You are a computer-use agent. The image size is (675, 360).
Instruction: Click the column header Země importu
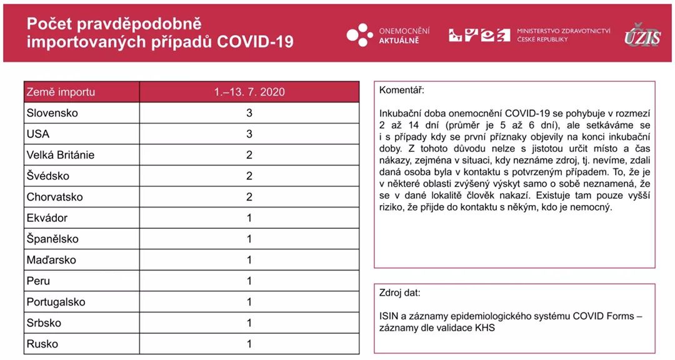pyautogui.click(x=61, y=92)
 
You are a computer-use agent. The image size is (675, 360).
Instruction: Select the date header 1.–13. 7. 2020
pyautogui.click(x=249, y=92)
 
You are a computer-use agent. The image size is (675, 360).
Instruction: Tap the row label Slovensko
pyautogui.click(x=52, y=113)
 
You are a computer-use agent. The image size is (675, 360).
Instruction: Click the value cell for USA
pyautogui.click(x=249, y=134)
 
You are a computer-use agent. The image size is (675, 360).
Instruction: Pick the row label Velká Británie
pyautogui.click(x=61, y=155)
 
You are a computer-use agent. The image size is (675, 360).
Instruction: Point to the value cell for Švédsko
pyautogui.click(x=249, y=176)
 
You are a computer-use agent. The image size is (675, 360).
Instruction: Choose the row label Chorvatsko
pyautogui.click(x=54, y=197)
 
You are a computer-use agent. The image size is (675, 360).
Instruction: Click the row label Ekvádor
pyautogui.click(x=47, y=218)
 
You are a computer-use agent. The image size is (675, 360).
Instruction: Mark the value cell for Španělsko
pyautogui.click(x=249, y=239)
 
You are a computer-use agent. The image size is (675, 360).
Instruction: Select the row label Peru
pyautogui.click(x=38, y=281)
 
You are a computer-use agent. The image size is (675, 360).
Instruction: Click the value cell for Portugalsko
pyautogui.click(x=249, y=302)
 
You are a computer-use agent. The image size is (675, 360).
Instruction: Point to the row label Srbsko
pyautogui.click(x=43, y=323)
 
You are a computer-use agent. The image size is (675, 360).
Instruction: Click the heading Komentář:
pyautogui.click(x=401, y=91)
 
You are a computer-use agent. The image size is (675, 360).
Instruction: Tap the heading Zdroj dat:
pyautogui.click(x=400, y=292)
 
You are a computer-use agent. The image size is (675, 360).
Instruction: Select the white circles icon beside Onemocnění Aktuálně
pyautogui.click(x=360, y=34)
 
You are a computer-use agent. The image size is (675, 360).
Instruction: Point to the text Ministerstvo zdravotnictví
pyautogui.click(x=563, y=31)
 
